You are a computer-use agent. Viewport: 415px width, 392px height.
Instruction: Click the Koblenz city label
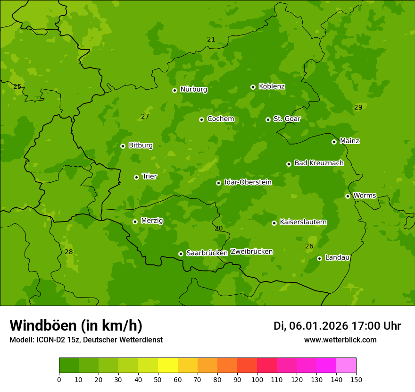[272, 86]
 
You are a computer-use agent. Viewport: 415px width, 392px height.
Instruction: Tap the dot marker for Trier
[137, 177]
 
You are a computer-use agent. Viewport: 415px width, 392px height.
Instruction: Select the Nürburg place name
[193, 89]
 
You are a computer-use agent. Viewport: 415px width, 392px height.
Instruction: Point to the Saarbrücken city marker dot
[181, 254]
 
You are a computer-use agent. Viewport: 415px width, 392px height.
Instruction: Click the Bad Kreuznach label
[319, 163]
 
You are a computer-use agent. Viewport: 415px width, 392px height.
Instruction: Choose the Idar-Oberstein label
[248, 182]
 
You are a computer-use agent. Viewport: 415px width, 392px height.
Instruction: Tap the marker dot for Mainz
[334, 142]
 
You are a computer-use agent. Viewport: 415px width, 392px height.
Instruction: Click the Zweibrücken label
[251, 251]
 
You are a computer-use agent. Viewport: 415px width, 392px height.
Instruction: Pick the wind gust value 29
[358, 107]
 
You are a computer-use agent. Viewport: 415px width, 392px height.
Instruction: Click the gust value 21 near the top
[211, 39]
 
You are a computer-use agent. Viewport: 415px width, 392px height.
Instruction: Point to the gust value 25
[17, 86]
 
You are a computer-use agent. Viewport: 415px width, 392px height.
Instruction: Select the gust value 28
[69, 252]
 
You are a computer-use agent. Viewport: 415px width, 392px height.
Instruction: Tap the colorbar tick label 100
[257, 379]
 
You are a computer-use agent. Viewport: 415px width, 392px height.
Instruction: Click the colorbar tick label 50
[158, 379]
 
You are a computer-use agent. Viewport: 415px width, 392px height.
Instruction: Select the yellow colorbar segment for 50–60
[168, 366]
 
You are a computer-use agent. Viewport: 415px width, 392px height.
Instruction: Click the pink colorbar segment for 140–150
[346, 366]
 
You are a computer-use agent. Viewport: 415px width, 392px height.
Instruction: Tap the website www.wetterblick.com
[340, 340]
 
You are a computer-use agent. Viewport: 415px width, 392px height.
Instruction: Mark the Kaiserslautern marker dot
[274, 223]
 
